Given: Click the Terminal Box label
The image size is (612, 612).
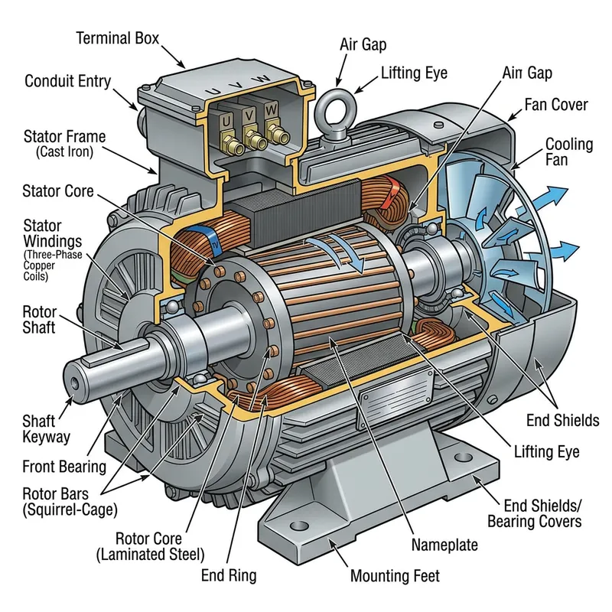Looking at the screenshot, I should (x=117, y=37).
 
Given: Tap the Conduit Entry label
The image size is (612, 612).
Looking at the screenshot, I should (x=67, y=80).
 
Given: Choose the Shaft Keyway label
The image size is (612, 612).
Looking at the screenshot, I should (x=47, y=428).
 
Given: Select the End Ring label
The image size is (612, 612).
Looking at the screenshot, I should (x=228, y=575).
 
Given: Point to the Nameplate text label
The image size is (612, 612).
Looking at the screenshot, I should (x=444, y=545).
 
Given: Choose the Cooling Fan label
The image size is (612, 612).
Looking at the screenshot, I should (x=569, y=152).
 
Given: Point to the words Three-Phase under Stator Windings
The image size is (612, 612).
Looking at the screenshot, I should (x=51, y=253).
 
